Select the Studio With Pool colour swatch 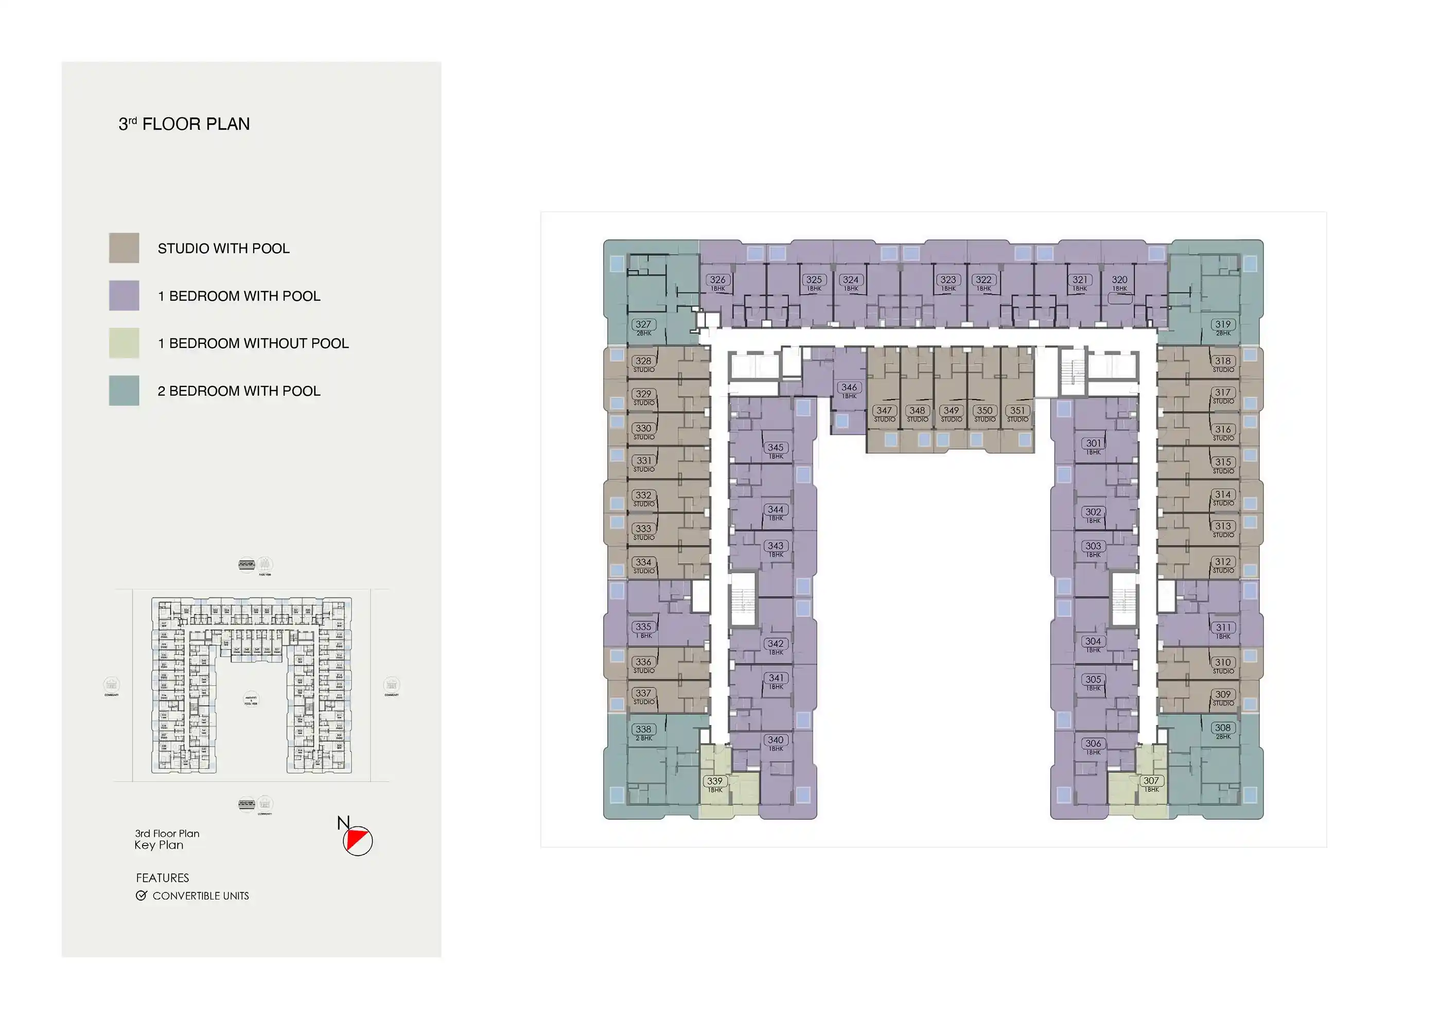[x=124, y=248]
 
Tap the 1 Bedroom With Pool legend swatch [x=124, y=295]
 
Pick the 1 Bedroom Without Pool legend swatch [x=124, y=343]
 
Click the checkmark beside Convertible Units [x=141, y=895]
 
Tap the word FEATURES [x=162, y=878]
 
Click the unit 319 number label [x=1223, y=325]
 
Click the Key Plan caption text [x=159, y=845]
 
